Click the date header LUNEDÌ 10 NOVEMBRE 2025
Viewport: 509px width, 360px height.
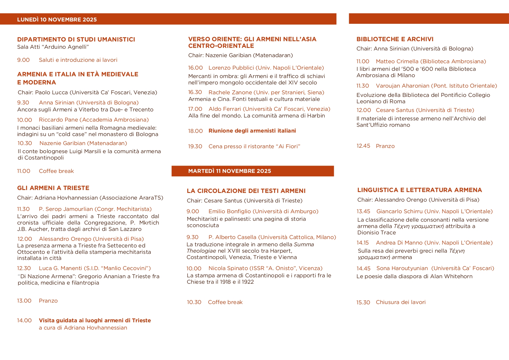tap(57, 19)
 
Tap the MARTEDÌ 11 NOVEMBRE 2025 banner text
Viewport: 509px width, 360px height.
tap(229, 171)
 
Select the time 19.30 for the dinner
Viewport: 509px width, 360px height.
tap(195, 146)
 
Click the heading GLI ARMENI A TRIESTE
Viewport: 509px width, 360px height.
tap(53, 188)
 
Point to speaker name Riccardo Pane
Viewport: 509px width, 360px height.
tap(58, 120)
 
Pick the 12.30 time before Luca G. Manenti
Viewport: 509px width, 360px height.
tap(24, 268)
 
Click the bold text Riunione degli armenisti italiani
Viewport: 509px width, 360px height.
tap(252, 131)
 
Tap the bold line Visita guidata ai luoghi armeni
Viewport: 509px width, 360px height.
tap(95, 321)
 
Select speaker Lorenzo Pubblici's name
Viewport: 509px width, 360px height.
tap(231, 68)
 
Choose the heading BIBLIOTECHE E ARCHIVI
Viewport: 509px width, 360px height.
tap(395, 39)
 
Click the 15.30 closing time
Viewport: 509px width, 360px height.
tap(363, 303)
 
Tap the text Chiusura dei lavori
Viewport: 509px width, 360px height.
tap(401, 302)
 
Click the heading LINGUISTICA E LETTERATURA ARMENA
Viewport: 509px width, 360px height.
tap(419, 190)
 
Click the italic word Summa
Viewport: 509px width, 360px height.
tap(304, 245)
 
